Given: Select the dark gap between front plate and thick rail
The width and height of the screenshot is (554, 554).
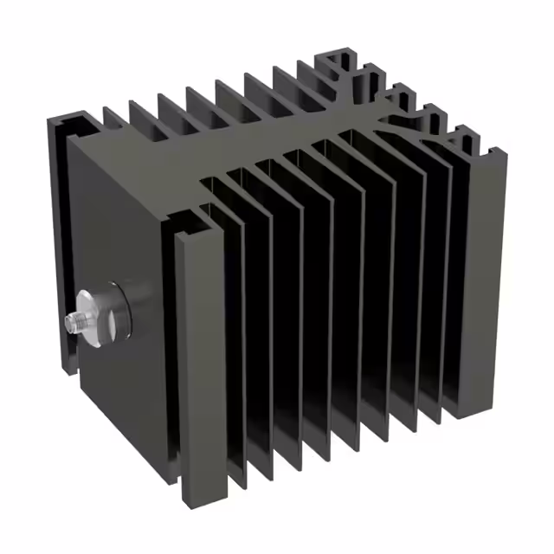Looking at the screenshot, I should tap(171, 346).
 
